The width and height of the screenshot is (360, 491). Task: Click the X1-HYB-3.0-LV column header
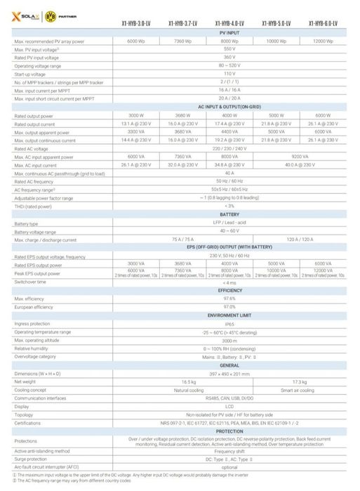point(136,22)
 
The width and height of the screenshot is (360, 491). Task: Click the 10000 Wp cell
point(276,41)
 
